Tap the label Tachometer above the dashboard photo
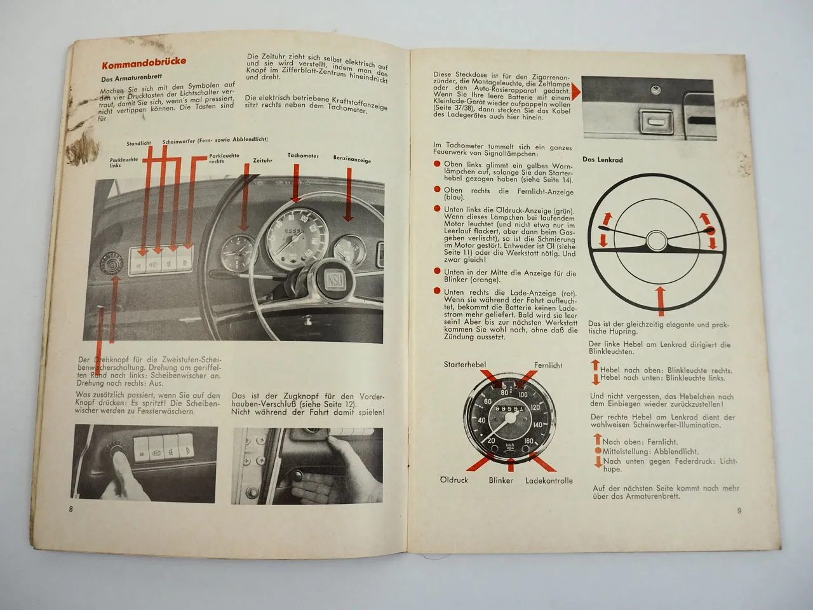point(302,156)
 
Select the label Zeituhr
point(262,160)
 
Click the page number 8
point(71,509)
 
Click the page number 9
point(739,510)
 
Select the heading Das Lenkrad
point(602,160)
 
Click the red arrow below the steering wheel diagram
point(660,299)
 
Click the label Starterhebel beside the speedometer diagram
point(465,364)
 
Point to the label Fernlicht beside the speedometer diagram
point(548,365)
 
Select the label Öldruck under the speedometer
point(454,480)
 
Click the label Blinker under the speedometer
point(501,480)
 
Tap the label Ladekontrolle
point(549,480)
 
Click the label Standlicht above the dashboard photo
point(138,144)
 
